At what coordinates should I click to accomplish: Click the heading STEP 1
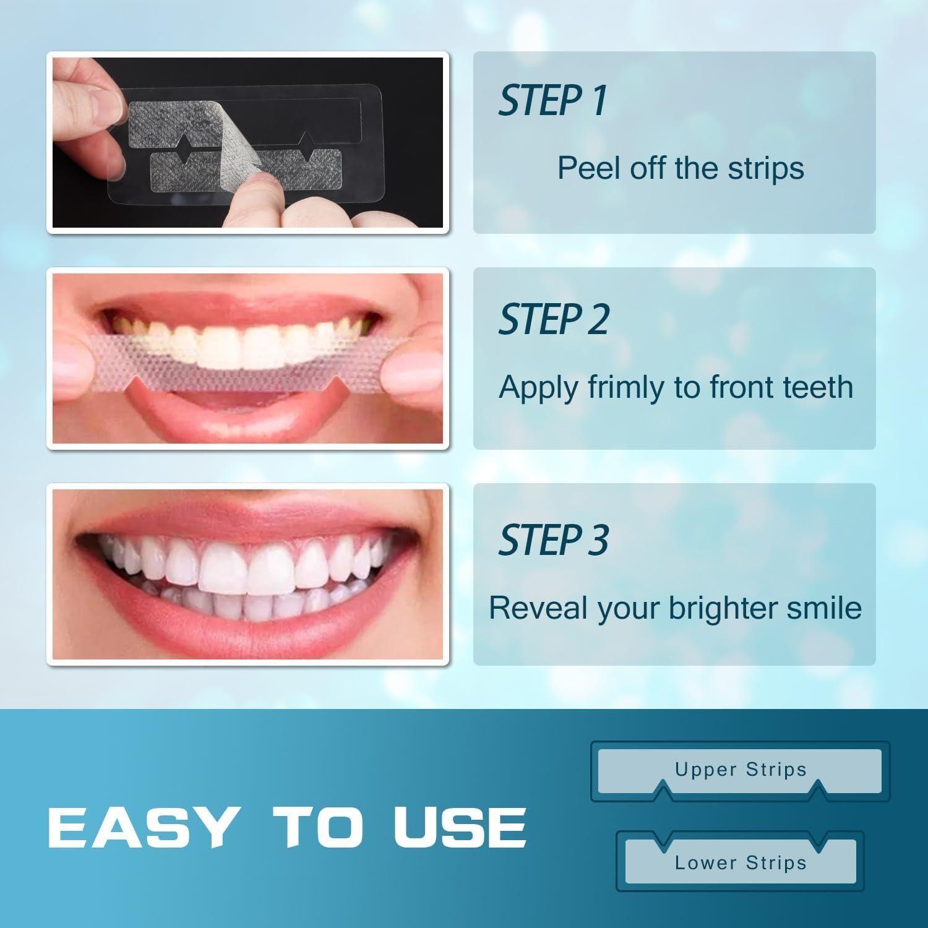pos(552,101)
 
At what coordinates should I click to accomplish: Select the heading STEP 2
pos(554,320)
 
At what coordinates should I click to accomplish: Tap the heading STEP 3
pos(554,539)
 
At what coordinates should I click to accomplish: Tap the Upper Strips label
pos(741,769)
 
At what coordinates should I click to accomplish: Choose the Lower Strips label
pos(741,862)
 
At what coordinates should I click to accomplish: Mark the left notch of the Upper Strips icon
pos(663,789)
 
